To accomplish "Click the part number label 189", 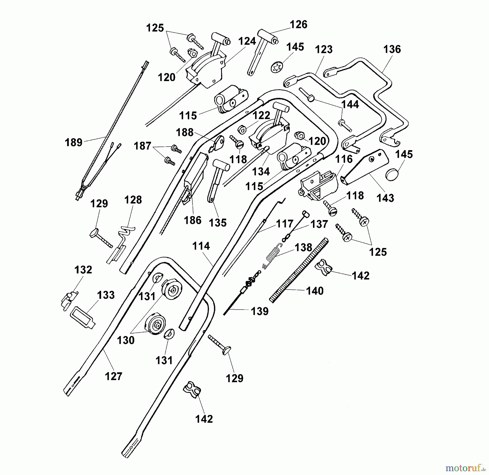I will click(73, 142).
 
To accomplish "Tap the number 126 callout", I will click(299, 24).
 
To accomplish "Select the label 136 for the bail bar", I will click(392, 49).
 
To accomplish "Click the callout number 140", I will click(315, 291).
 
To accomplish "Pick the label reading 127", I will click(114, 376).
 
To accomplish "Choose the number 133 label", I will click(106, 295).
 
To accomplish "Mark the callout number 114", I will click(201, 246).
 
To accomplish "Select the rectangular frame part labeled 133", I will click(83, 316).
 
